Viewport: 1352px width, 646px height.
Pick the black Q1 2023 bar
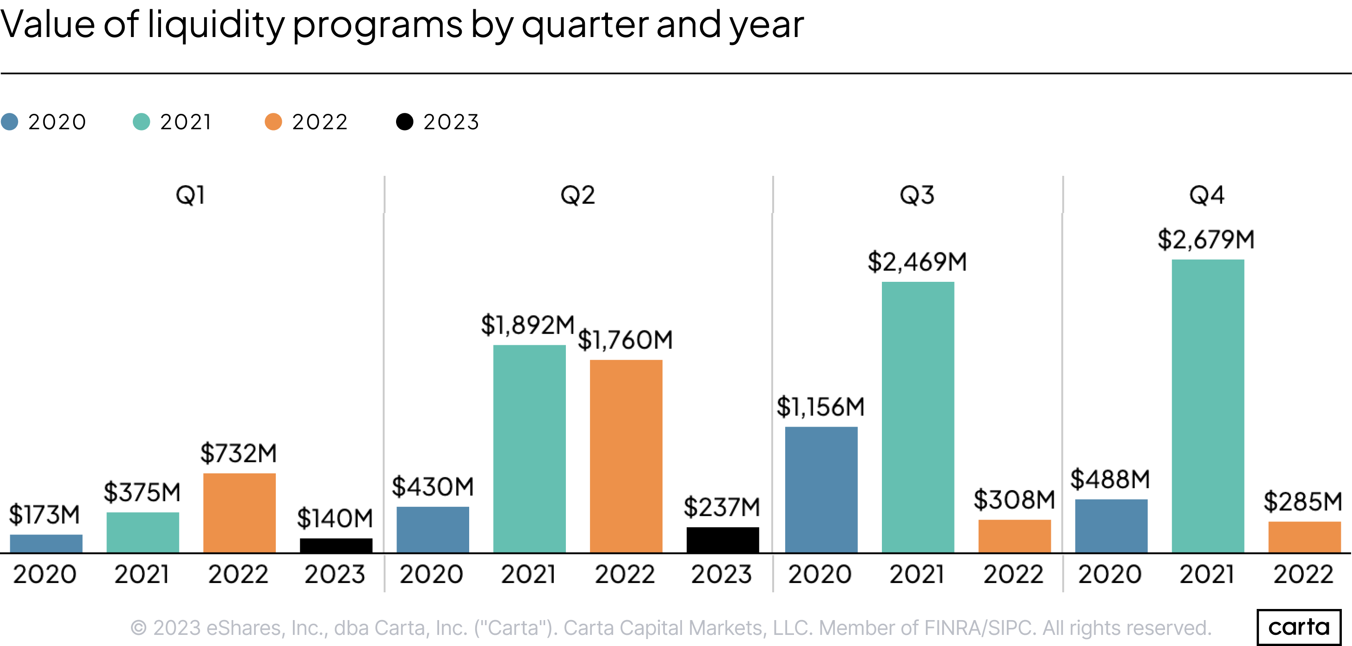point(336,545)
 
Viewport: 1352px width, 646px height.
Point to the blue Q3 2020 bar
point(821,489)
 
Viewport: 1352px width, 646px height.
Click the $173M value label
point(44,514)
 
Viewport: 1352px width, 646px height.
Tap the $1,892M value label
point(527,325)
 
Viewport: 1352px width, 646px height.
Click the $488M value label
point(1110,479)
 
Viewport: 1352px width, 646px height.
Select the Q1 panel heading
point(191,195)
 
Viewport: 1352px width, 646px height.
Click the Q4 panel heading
point(1207,195)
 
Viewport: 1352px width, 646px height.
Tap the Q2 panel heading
point(577,195)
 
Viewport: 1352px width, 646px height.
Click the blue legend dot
point(9,122)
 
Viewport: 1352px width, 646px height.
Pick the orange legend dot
point(273,122)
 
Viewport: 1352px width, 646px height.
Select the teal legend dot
point(142,122)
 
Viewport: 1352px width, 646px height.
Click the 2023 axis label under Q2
point(721,574)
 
